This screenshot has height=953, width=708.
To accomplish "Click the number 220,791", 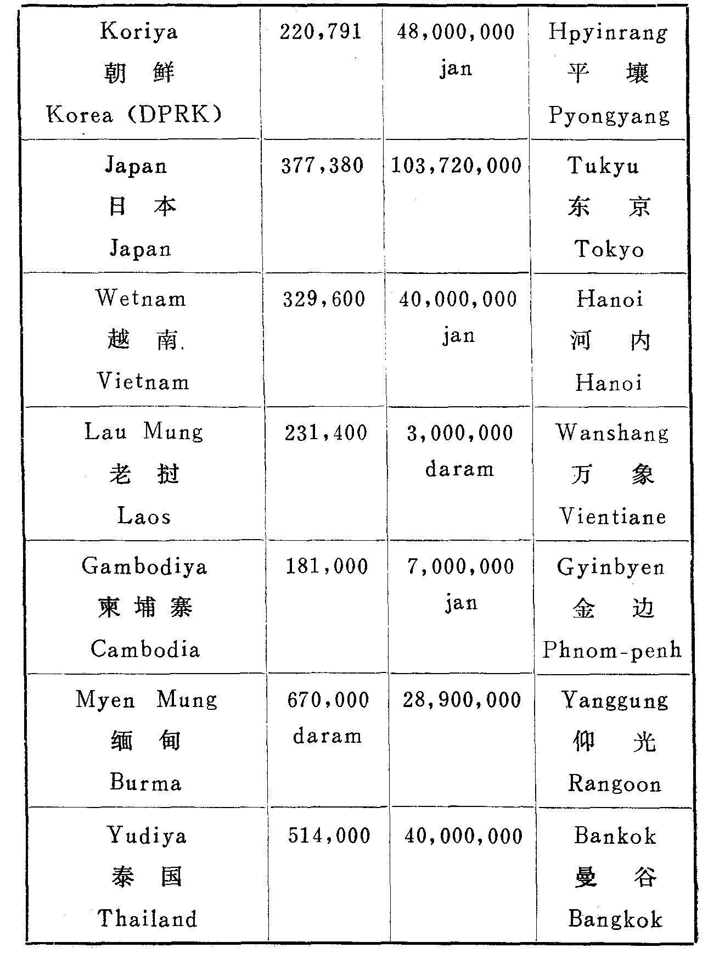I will pos(321,32).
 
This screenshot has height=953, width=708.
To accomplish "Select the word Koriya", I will pos(139,32).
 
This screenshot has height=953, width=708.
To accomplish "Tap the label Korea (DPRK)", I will pos(134,115).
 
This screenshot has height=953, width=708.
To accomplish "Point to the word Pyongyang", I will pos(609,116).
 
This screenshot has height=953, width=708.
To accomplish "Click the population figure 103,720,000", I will pos(456,166).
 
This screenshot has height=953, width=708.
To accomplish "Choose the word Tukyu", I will pos(604,166).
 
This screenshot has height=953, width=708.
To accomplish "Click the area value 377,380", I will pos(322,166).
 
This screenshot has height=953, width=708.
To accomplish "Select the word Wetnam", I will pos(141,299).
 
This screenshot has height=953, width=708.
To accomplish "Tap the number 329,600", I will pos(324,300).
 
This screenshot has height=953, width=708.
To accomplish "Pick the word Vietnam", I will pos(143,382).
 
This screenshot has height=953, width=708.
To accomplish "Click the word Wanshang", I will pos(612,433).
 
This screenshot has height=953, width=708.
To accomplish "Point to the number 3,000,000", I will pos(460,433).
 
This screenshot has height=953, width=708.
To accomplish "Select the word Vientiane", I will pos(613,517).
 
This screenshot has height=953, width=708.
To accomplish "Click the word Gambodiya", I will pos(144,567).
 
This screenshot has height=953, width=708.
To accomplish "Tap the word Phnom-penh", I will pos(612,651).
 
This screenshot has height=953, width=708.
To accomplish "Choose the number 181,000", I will pos(327,567).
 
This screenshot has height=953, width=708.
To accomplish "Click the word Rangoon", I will pos(615,784).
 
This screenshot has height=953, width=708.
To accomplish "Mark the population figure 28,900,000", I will pos(462,700).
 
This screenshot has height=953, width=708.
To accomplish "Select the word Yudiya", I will pos(147,836).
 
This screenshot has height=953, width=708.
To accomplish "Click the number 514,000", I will pos(329,836).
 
